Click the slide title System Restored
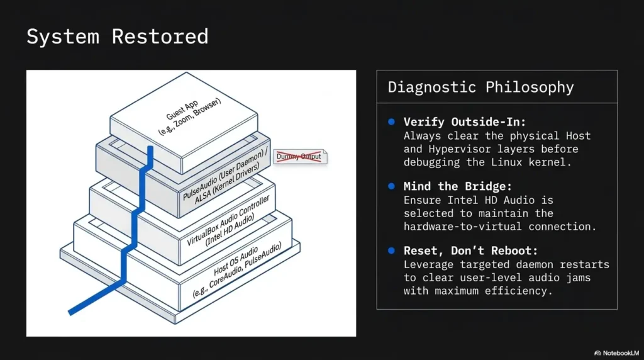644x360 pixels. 118,37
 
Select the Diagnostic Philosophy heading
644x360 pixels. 480,87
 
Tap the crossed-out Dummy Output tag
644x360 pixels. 300,157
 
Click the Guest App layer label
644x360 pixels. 182,110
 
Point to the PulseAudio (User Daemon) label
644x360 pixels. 223,175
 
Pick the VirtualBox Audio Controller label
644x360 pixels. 228,220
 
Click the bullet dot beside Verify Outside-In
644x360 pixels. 391,121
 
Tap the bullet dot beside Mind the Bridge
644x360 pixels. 391,186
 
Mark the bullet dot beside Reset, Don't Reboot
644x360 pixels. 391,250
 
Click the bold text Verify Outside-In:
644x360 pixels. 465,122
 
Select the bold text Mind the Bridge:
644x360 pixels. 458,186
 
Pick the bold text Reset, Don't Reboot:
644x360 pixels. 470,250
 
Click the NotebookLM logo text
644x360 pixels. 621,353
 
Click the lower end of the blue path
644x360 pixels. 70,313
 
